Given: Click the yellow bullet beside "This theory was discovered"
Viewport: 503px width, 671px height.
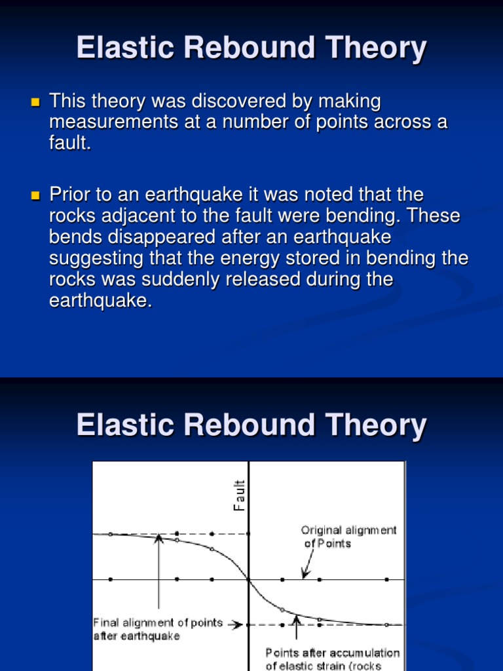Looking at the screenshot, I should tap(35, 103).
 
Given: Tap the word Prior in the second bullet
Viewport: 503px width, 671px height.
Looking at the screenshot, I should tap(70, 195).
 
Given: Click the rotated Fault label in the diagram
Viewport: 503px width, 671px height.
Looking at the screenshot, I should tap(240, 495).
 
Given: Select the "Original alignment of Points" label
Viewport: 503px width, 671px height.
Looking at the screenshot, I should tap(348, 537).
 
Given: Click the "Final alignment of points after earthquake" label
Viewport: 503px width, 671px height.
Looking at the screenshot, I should tap(158, 629).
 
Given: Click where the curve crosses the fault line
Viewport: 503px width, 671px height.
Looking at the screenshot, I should tap(249, 579).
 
